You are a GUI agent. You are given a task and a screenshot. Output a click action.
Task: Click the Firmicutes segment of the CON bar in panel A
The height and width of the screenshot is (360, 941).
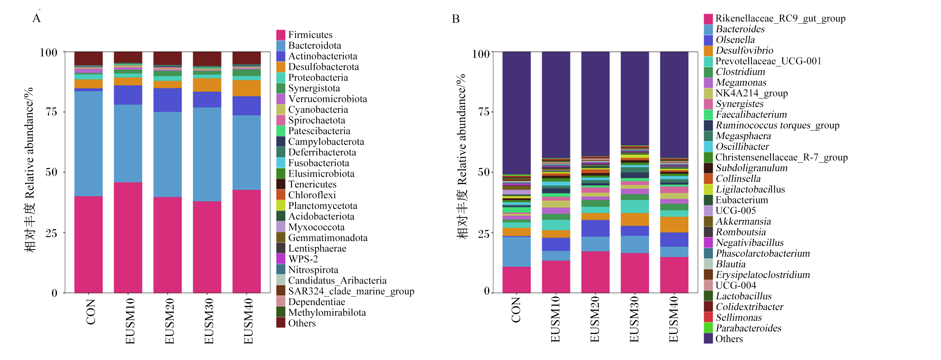coord(88,244)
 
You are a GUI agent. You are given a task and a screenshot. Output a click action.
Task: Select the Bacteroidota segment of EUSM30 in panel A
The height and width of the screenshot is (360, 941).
coord(207,154)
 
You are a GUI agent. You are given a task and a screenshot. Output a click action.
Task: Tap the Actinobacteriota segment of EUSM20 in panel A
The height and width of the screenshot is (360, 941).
coord(168,100)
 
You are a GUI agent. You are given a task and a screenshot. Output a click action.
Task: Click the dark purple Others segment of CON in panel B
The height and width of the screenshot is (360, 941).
coord(517,113)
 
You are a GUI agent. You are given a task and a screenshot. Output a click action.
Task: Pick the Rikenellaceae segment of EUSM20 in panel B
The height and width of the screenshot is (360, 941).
coord(595,272)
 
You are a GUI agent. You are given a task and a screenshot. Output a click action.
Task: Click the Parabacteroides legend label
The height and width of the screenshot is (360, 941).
coord(749,328)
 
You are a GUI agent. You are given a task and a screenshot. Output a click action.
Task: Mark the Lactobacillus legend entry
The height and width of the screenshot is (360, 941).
coord(738,296)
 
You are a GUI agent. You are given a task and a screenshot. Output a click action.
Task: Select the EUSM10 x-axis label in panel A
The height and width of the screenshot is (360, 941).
coord(130,321)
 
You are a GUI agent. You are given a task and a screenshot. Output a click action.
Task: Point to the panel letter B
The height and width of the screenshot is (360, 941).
coord(456,19)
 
